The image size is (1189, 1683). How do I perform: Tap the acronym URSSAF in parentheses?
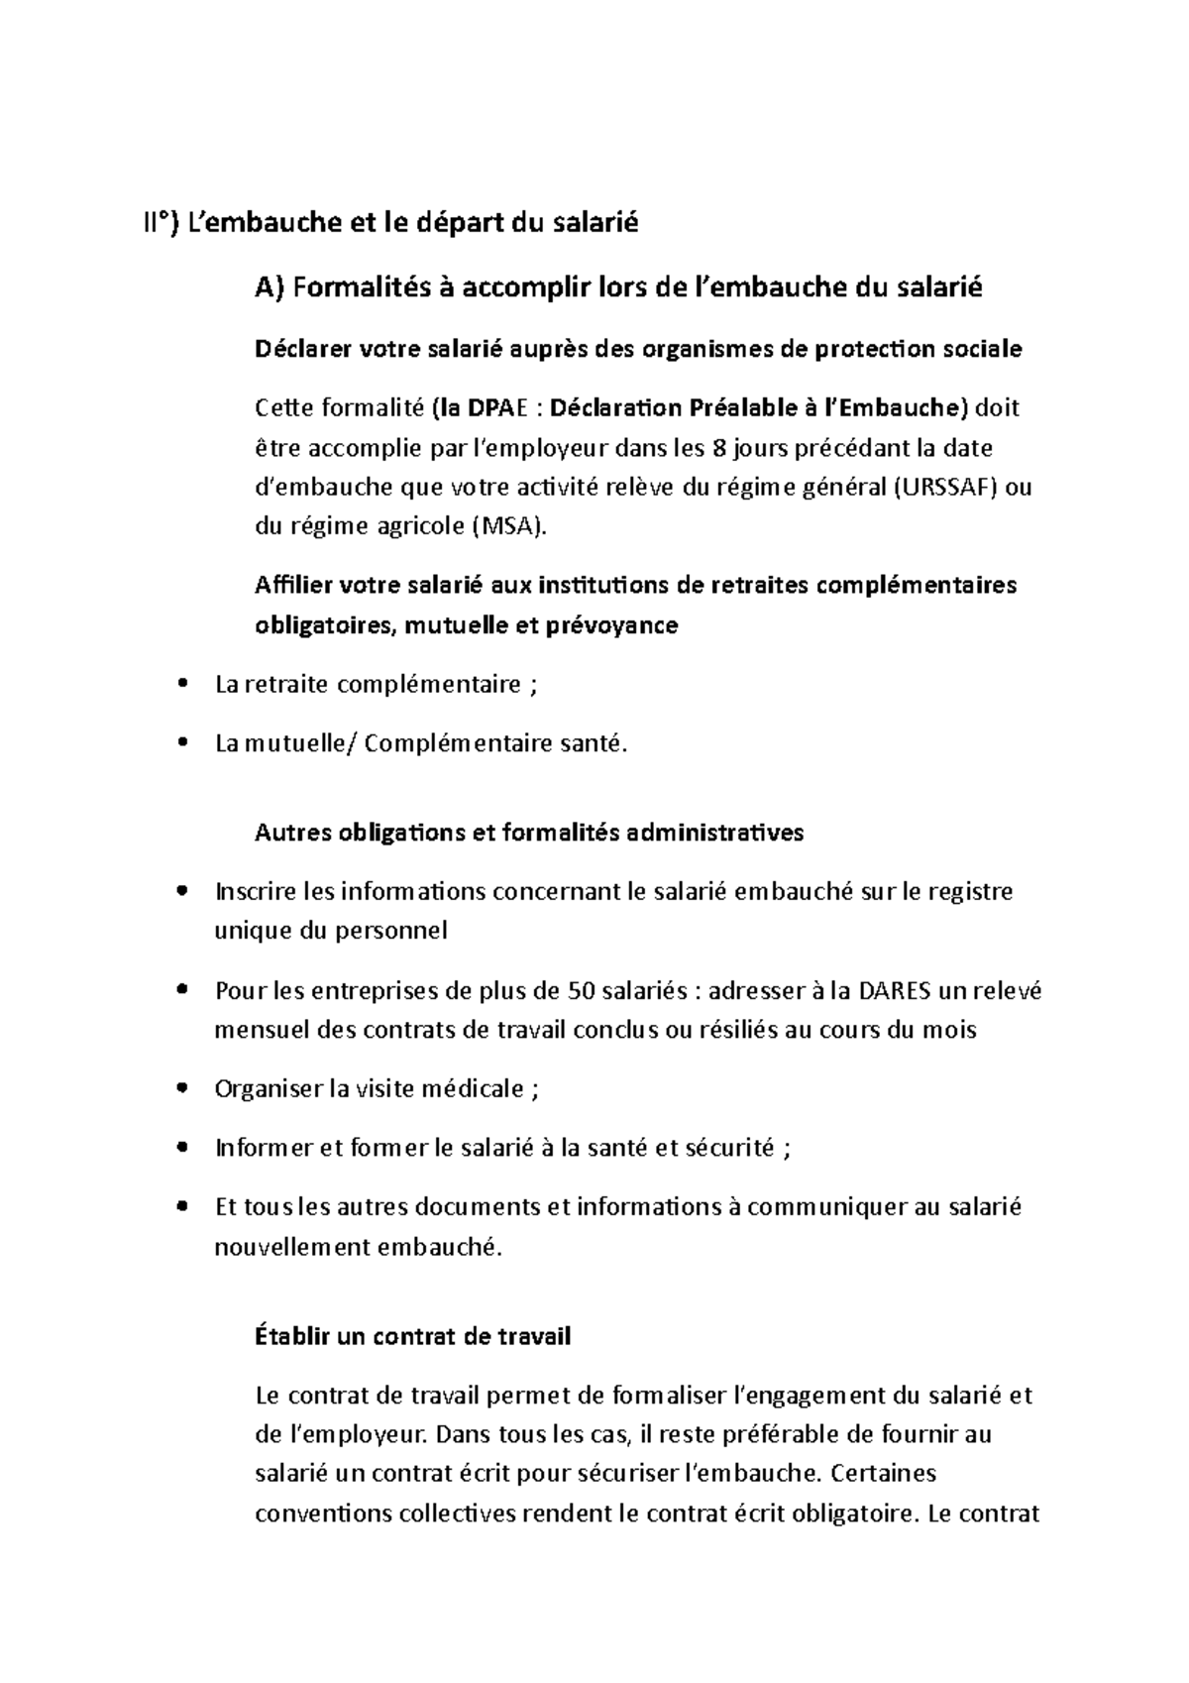(948, 488)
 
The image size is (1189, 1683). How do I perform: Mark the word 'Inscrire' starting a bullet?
(255, 891)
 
